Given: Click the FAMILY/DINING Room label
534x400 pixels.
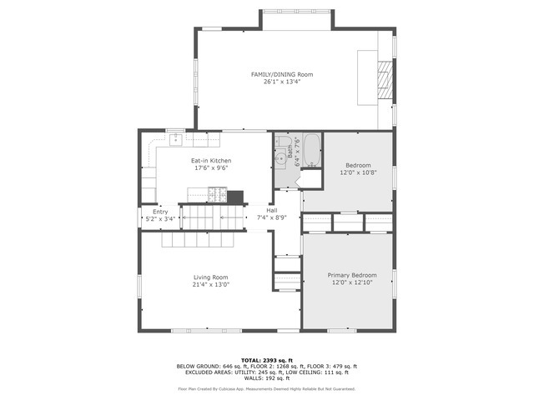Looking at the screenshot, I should (x=276, y=74).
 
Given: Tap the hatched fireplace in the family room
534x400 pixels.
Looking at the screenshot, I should (x=385, y=78).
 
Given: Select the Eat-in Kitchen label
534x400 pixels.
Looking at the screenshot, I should (x=211, y=160).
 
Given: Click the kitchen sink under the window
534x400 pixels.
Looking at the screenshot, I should (x=176, y=138).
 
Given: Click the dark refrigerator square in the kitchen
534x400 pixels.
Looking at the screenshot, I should (x=235, y=197).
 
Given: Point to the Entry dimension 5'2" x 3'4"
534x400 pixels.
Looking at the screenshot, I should (x=160, y=218).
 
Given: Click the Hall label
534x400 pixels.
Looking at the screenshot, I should (x=272, y=211).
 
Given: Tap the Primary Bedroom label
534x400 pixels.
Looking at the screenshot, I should (x=351, y=275).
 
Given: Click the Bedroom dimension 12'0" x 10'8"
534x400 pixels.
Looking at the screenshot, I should (x=358, y=172).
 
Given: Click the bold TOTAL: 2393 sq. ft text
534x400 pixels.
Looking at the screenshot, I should (x=266, y=360).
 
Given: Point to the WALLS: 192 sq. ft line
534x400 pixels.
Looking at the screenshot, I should (x=266, y=380).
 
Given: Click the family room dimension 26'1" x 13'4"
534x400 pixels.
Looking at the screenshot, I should (x=276, y=82).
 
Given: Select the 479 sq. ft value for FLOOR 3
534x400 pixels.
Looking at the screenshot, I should (x=343, y=367).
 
